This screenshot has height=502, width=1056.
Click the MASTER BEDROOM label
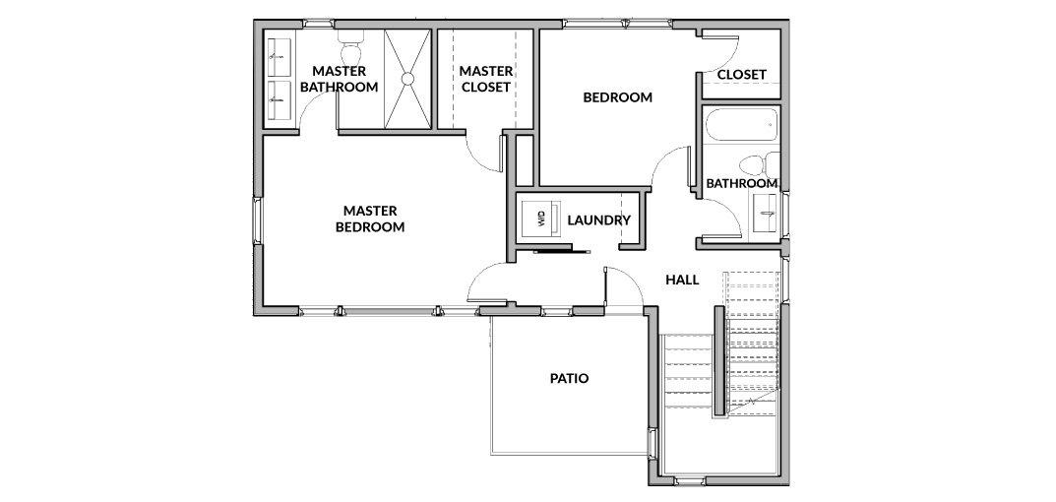click(x=370, y=219)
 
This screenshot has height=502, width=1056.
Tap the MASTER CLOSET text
click(x=485, y=79)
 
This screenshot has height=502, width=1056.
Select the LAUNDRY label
click(x=598, y=220)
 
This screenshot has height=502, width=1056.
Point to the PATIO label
click(x=569, y=378)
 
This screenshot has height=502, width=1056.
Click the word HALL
click(x=682, y=280)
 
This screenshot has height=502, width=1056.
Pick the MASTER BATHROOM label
click(x=339, y=79)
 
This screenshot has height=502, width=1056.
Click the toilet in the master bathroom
click(x=351, y=47)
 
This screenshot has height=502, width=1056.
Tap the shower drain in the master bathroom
click(x=407, y=79)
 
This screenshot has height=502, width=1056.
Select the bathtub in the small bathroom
click(x=741, y=125)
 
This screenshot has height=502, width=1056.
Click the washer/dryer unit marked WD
click(x=541, y=219)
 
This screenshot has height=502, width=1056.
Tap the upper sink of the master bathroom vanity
click(x=280, y=57)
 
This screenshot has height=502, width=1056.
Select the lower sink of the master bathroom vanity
click(x=280, y=100)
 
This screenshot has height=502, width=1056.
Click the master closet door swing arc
click(x=479, y=158)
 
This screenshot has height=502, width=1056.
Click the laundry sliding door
click(x=562, y=252)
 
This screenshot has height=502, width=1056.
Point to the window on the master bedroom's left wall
click(x=257, y=220)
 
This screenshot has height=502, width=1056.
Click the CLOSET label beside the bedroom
click(x=741, y=74)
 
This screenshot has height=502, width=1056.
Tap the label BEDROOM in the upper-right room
click(x=618, y=97)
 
